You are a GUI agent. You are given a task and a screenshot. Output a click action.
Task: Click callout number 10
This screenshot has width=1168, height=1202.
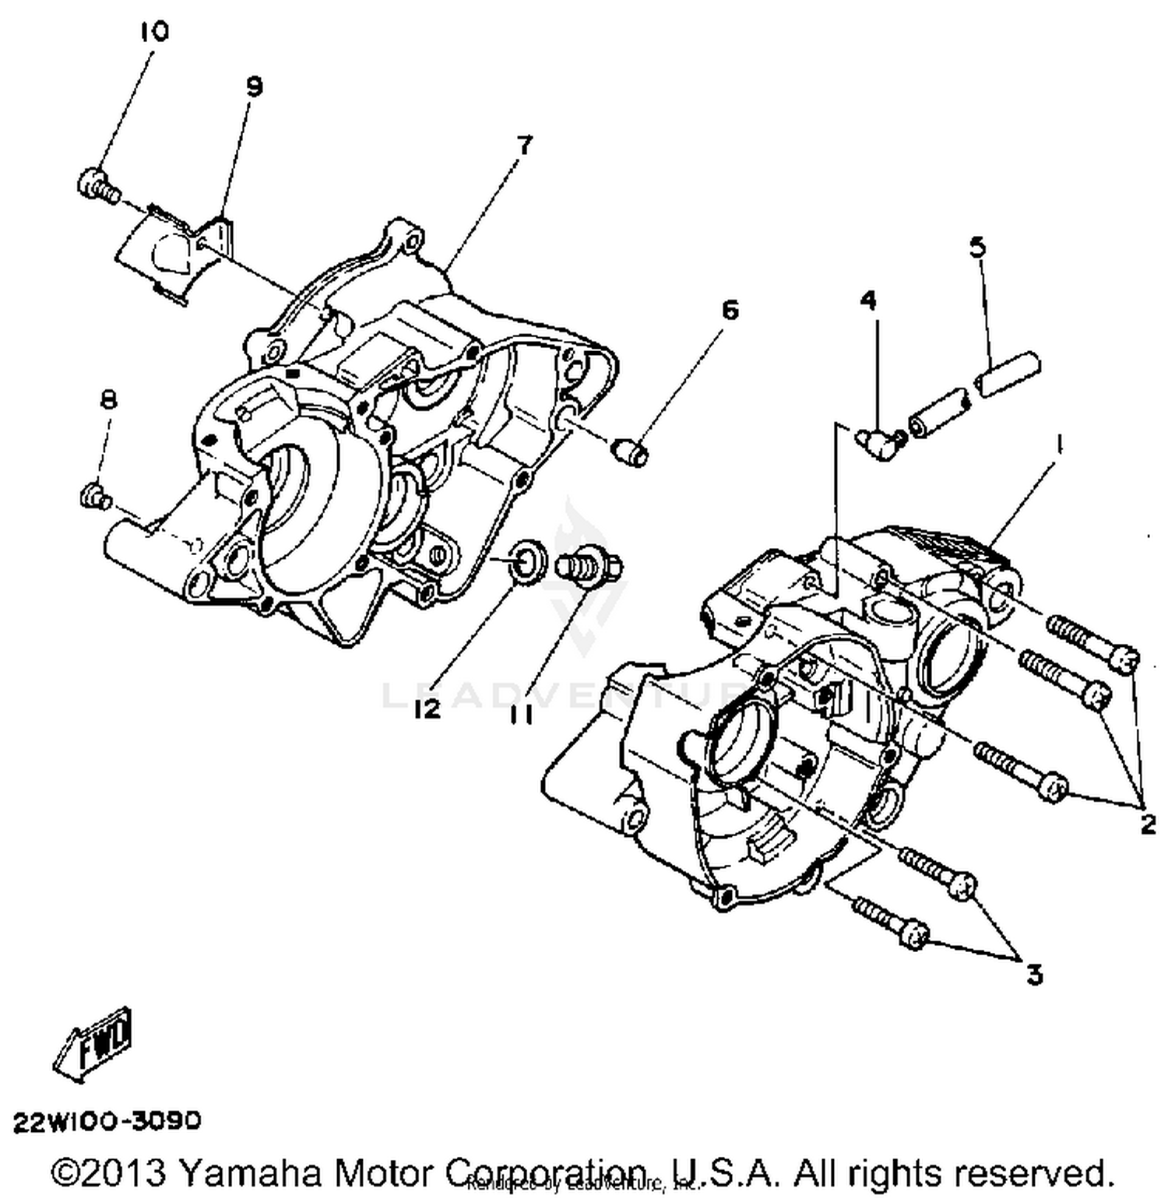coord(154,32)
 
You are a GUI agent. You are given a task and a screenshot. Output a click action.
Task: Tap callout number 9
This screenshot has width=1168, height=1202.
coord(255,86)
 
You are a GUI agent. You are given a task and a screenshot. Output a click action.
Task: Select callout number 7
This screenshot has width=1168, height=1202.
coord(525,145)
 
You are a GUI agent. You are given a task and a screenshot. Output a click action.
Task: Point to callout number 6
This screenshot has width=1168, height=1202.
coord(730,310)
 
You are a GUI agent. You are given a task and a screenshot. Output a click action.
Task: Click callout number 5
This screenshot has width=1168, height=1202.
coord(977,247)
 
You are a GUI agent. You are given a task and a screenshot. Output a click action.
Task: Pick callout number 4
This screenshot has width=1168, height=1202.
coord(868,300)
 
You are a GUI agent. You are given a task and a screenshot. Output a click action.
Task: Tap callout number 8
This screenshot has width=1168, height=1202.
coord(108,400)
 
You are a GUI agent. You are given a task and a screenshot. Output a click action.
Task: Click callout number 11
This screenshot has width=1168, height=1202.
coord(522,713)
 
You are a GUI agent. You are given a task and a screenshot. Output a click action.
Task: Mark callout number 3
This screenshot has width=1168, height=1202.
coord(1033,974)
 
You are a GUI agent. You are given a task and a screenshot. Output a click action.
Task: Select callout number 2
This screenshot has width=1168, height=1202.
coord(1148,824)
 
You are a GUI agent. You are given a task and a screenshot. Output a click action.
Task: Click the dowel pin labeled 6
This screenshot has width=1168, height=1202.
coord(631,452)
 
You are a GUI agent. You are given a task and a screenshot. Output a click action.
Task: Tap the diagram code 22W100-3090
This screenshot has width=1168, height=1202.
coord(107,1121)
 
